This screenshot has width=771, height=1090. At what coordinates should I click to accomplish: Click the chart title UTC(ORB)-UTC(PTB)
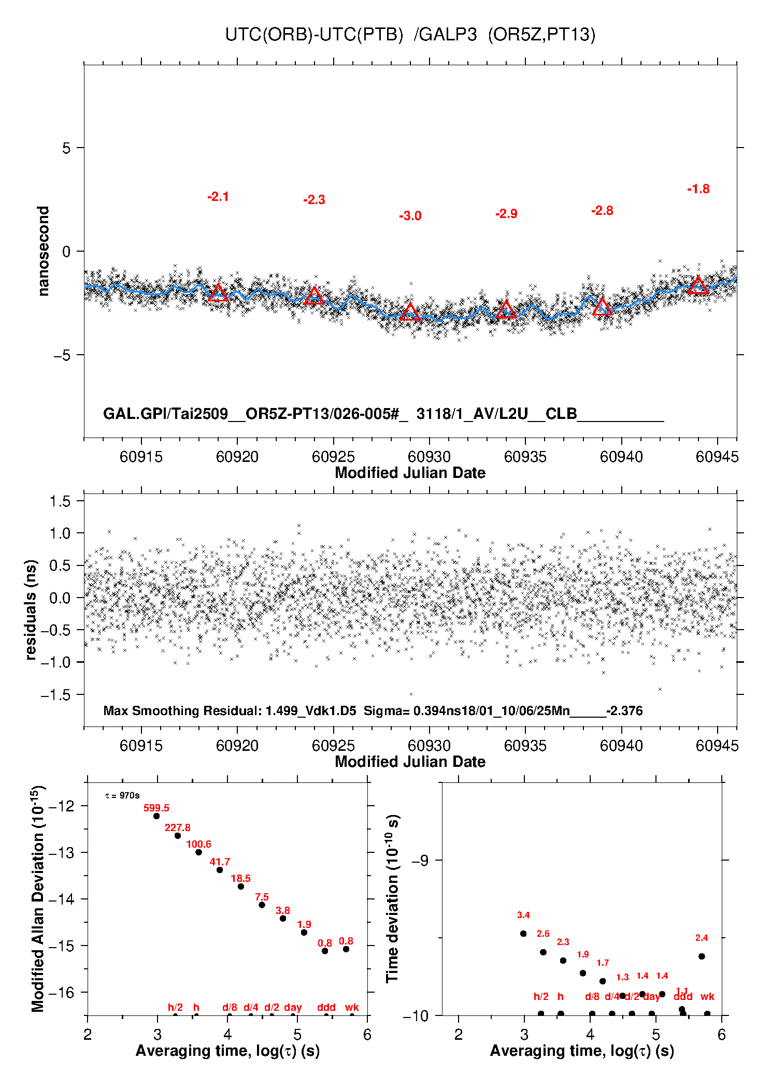(x=314, y=35)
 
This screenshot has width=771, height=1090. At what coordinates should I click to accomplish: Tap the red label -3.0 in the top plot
(x=410, y=216)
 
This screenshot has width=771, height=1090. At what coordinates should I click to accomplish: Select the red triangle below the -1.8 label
(x=698, y=285)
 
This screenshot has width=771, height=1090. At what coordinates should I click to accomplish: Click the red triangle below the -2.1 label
(x=218, y=293)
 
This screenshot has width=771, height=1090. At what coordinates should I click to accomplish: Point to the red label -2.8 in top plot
(x=602, y=211)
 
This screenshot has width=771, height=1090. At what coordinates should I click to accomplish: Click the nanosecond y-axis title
(x=43, y=251)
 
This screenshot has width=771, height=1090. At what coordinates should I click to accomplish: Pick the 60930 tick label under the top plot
(x=429, y=457)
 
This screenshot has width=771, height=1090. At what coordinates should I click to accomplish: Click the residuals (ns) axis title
(x=31, y=609)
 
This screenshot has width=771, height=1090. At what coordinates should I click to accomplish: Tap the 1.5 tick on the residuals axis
(x=60, y=501)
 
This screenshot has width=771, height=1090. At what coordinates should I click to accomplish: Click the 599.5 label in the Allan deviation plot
(x=156, y=808)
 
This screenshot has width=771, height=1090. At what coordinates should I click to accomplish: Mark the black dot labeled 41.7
(x=220, y=869)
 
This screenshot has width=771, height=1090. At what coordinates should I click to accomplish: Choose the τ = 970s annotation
(x=122, y=795)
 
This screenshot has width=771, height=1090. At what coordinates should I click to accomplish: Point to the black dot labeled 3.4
(x=523, y=933)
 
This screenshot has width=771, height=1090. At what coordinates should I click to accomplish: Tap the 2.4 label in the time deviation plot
(x=702, y=937)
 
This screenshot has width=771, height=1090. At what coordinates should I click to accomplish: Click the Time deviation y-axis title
(x=393, y=898)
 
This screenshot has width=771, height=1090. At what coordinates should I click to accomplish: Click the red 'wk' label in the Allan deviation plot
(x=352, y=1007)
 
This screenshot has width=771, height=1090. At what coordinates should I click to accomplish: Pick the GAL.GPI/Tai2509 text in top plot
(x=166, y=414)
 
